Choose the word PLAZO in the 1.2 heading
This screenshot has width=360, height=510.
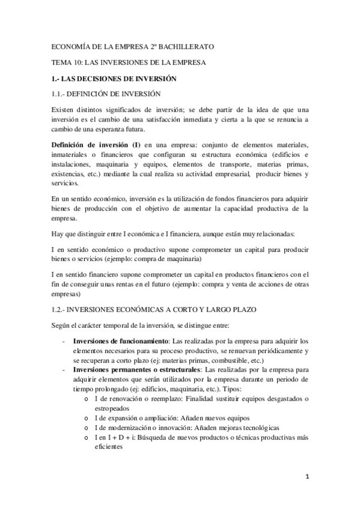242,309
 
